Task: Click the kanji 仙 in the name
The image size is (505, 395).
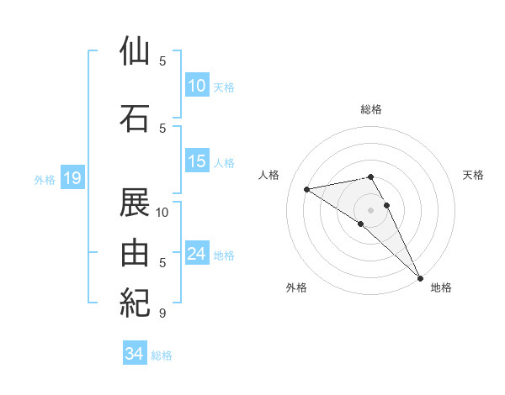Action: point(136,51)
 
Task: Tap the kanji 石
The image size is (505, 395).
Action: point(136,118)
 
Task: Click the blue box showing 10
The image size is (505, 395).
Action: point(197,85)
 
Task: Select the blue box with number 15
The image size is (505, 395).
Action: point(197,161)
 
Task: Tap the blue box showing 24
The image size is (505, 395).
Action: point(197,254)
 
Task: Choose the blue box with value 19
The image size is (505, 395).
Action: point(72,178)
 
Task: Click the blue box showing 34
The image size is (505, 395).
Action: point(135,354)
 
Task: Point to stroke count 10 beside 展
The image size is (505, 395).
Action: point(162,212)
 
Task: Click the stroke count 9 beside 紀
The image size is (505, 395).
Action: point(162,313)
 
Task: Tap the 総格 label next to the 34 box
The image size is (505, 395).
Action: point(162,355)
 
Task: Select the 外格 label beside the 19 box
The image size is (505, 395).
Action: point(44,179)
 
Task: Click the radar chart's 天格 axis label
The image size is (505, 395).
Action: point(474,175)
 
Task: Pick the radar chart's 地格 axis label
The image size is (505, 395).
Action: point(441,287)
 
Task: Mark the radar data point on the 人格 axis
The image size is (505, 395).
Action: point(307,189)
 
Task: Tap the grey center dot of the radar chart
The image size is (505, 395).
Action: point(371,209)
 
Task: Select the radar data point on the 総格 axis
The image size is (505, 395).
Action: point(371,176)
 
